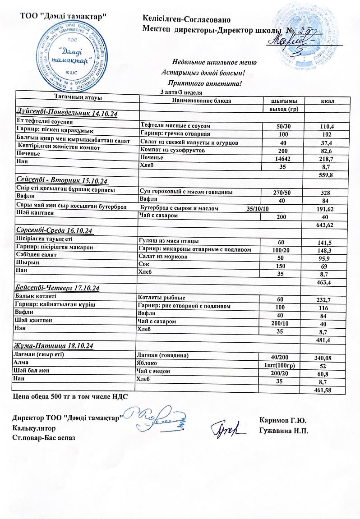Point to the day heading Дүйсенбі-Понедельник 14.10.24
point(67,114)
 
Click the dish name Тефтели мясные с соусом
point(175,126)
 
